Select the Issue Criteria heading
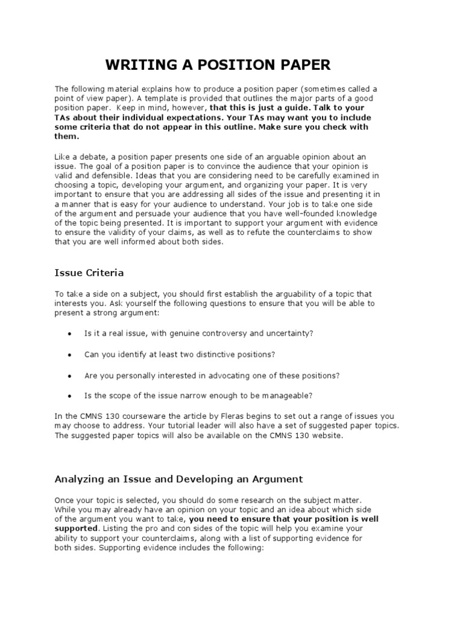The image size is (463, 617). tap(89, 273)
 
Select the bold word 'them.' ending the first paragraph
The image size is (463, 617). tap(67, 136)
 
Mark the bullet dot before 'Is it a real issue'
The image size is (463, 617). tap(71, 334)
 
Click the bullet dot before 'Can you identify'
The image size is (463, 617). tap(71, 355)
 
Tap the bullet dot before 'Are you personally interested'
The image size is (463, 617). tap(71, 376)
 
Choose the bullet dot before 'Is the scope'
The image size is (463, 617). tap(71, 396)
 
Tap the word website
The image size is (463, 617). tap(326, 436)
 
